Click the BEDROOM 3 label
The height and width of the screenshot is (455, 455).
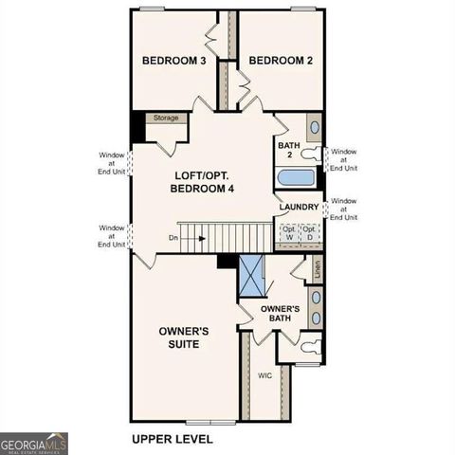pyautogui.click(x=174, y=61)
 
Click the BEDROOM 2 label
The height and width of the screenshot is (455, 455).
pyautogui.click(x=281, y=61)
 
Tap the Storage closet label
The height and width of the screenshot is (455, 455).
pyautogui.click(x=167, y=118)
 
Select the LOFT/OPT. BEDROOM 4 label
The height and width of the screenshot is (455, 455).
pyautogui.click(x=202, y=182)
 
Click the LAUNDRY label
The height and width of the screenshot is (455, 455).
pyautogui.click(x=299, y=207)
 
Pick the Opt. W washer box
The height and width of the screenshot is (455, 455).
pyautogui.click(x=288, y=232)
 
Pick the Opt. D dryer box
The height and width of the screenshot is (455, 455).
pyautogui.click(x=309, y=232)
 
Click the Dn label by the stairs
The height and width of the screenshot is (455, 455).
pyautogui.click(x=173, y=237)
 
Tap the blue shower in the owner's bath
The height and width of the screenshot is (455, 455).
pyautogui.click(x=251, y=277)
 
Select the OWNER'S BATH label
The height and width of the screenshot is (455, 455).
pyautogui.click(x=281, y=314)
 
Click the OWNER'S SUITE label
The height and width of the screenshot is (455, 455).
pyautogui.click(x=184, y=337)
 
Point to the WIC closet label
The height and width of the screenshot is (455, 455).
pyautogui.click(x=265, y=375)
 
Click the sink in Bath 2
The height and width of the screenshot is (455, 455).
pyautogui.click(x=314, y=128)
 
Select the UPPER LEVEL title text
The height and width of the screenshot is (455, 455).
pyautogui.click(x=172, y=439)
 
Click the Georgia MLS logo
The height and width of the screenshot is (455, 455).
pyautogui.click(x=34, y=443)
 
